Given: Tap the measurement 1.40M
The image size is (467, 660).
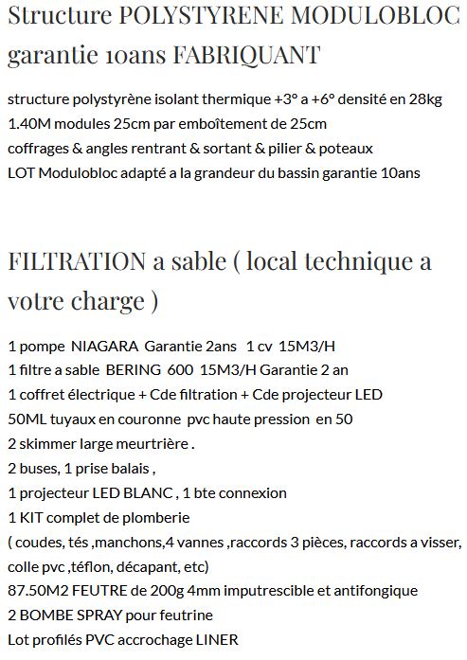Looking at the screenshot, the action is (27, 124).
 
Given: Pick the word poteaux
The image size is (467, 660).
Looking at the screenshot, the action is (345, 149).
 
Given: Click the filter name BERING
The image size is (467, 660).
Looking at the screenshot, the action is (134, 370).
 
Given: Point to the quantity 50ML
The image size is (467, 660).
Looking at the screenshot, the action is (27, 419).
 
